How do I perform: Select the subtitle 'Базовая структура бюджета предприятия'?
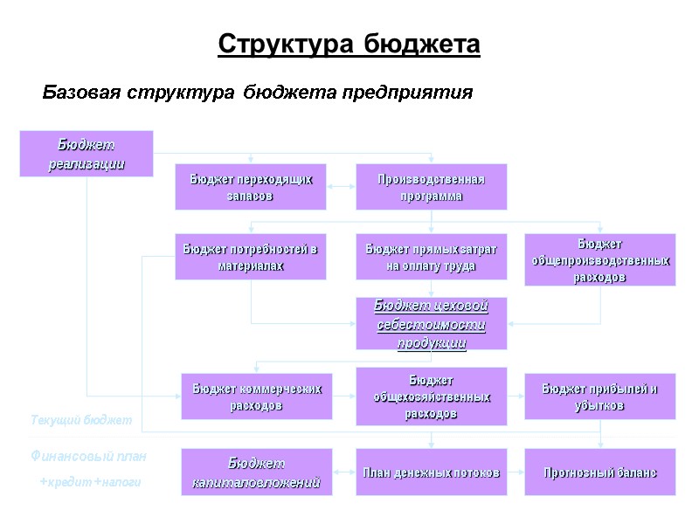(258, 92)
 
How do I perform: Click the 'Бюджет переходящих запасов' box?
(250, 187)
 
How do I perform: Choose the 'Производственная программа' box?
(431, 187)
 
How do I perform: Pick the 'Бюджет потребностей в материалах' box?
(250, 257)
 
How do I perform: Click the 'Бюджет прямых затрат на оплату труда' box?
(431, 257)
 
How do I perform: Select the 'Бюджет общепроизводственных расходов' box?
(599, 259)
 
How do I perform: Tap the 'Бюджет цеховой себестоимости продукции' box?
(431, 323)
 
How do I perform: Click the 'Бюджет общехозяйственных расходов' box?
(431, 396)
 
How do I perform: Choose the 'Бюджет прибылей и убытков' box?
(599, 396)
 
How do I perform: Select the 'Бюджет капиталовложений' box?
(257, 472)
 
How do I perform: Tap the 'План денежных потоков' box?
(431, 472)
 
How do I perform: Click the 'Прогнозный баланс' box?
(599, 472)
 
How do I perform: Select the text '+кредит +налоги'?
(89, 482)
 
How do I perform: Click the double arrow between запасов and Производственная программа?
(341, 187)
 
